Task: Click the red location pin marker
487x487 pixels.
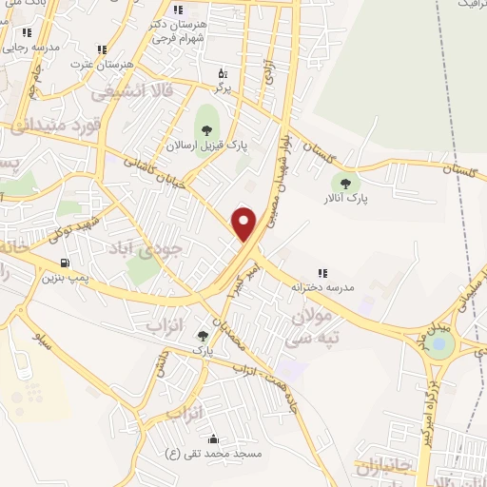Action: point(244,224)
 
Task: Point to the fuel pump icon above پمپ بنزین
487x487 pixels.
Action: point(64,263)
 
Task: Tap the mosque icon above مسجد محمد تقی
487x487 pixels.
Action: point(213,439)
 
